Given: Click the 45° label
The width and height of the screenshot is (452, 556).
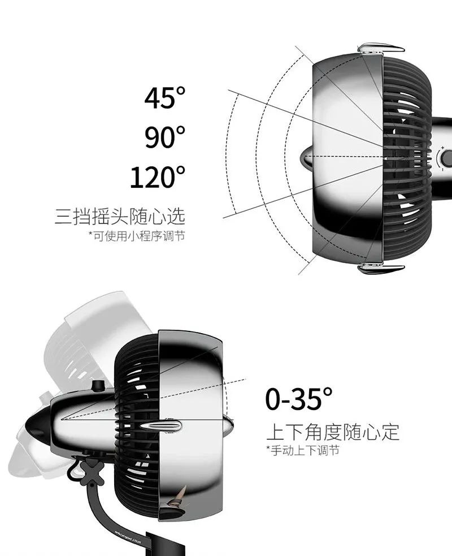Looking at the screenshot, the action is click(x=164, y=97).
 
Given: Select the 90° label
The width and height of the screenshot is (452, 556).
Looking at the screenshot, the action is click(x=164, y=137).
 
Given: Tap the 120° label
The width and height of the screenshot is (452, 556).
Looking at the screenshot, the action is click(x=158, y=177).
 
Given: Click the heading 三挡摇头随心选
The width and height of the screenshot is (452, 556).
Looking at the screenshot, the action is click(x=120, y=216).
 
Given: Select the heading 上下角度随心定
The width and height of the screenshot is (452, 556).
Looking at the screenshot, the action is click(x=333, y=432).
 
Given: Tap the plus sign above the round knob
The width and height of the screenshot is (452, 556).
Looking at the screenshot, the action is click(x=442, y=146).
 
